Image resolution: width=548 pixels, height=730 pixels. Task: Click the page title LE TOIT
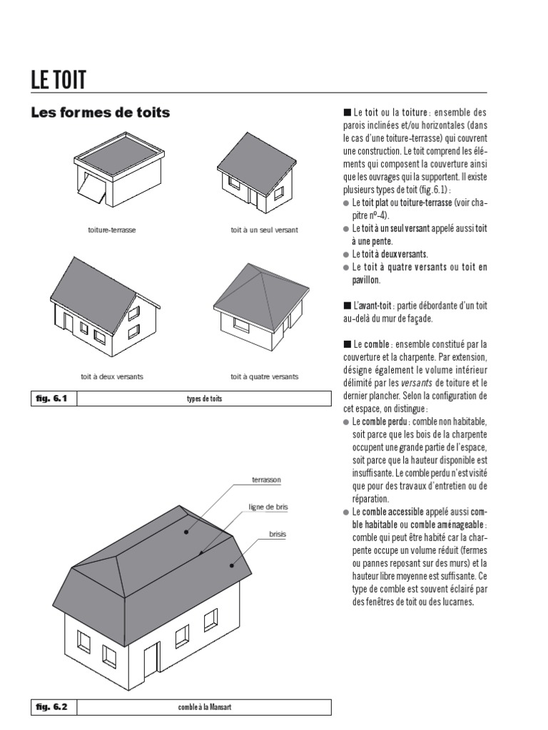click(x=58, y=79)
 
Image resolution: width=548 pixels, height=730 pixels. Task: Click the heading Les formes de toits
click(x=100, y=113)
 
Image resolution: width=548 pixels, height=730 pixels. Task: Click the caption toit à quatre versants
click(x=264, y=376)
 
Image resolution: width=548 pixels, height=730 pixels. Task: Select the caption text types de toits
click(x=204, y=399)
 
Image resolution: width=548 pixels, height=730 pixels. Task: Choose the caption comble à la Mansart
click(x=204, y=708)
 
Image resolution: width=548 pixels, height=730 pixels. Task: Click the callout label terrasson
click(x=265, y=480)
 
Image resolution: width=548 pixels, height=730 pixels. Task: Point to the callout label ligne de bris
click(x=268, y=507)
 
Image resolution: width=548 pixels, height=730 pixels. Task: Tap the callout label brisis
click(x=278, y=533)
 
